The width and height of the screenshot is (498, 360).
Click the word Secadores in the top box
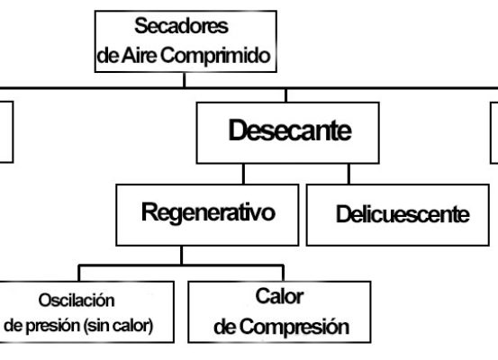pos(181,26)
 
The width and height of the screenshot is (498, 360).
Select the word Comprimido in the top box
pos(215,55)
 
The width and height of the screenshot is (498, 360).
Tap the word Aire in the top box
pos(140,55)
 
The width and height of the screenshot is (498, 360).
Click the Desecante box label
pos(290,130)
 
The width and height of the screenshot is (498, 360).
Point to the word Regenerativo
pos(208,212)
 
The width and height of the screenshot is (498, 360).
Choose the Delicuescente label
pos(403,214)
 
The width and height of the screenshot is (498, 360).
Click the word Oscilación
pos(77,300)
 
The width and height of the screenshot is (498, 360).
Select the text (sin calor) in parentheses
pos(119,326)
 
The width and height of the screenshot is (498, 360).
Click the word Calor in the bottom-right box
pos(279,296)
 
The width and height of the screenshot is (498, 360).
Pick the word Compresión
pos(294,327)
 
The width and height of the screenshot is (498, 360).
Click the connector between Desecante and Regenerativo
pos(244,174)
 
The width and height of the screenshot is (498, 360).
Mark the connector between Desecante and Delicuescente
pos(349,174)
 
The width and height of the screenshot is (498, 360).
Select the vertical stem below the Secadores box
pos(185,80)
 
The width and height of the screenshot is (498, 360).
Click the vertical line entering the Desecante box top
pos(286,95)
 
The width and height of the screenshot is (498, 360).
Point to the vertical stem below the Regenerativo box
pos(181,256)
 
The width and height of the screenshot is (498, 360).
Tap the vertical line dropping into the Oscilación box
pos(79,273)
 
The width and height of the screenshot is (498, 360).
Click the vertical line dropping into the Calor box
pos(283,273)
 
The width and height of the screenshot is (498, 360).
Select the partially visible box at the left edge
pos(13,132)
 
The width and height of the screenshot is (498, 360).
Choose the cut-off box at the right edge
pos(491,132)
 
